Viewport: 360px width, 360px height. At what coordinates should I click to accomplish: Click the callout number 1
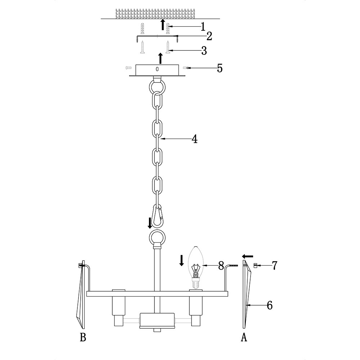pyautogui.click(x=203, y=27)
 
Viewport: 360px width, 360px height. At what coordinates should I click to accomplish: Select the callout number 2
pyautogui.click(x=209, y=36)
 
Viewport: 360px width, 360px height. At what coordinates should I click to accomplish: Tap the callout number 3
pyautogui.click(x=204, y=50)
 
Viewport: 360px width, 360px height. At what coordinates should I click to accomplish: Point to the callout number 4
pyautogui.click(x=194, y=139)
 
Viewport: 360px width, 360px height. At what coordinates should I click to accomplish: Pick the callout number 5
pyautogui.click(x=220, y=68)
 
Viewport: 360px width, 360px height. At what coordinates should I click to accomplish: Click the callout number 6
pyautogui.click(x=270, y=305)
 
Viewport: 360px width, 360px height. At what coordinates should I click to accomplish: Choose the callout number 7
pyautogui.click(x=274, y=265)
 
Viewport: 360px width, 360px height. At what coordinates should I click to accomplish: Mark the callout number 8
pyautogui.click(x=221, y=265)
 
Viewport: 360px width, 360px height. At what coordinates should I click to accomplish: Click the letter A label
pyautogui.click(x=244, y=338)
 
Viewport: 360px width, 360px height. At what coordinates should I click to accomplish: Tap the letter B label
pyautogui.click(x=83, y=338)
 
